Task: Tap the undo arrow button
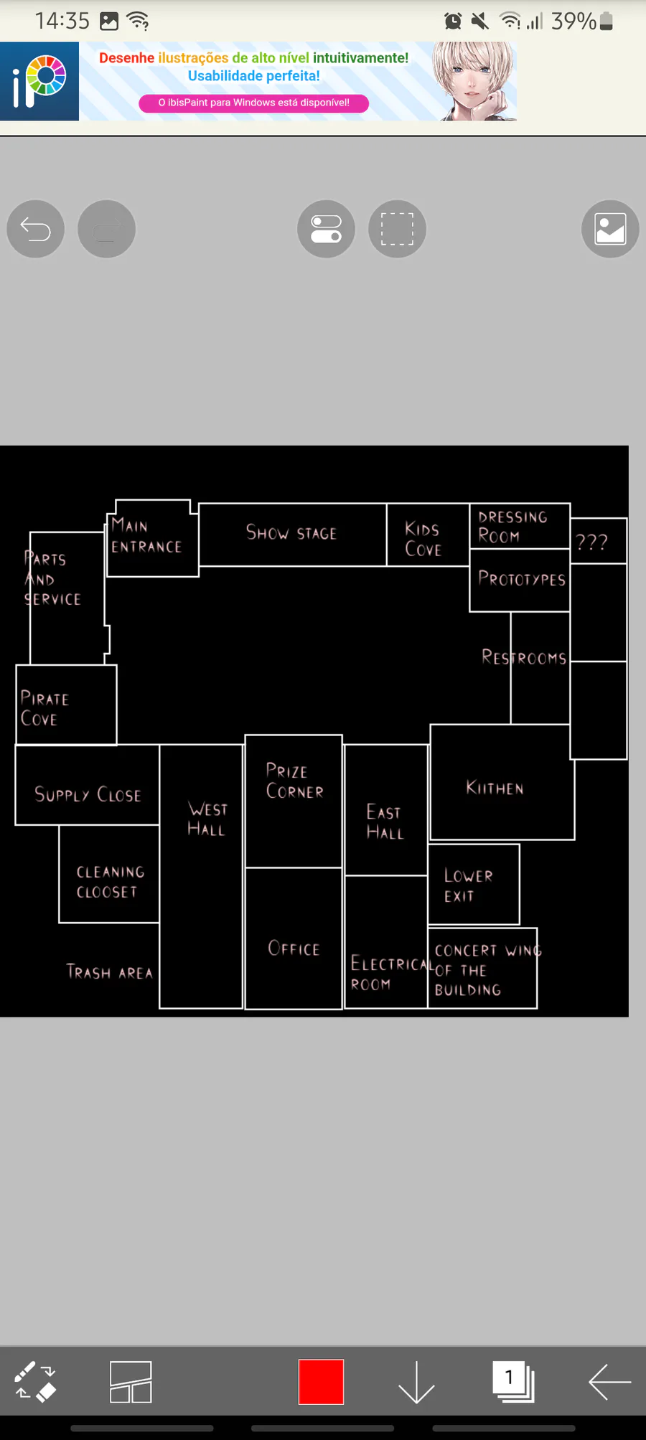coord(35,229)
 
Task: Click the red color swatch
coord(321,1381)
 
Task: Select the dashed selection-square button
coord(397,229)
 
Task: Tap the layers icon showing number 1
coord(512,1381)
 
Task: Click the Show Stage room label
coord(291,532)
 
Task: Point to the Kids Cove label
coord(423,539)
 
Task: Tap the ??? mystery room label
coord(591,542)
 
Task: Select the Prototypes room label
coord(522,579)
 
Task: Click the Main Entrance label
coord(146,537)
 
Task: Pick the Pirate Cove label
coord(45,709)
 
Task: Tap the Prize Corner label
coord(294,781)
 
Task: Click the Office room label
coord(294,949)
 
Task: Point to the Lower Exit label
coord(468,885)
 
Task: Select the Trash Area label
coord(110,972)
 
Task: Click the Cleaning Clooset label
coord(111,882)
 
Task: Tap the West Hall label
coord(207,819)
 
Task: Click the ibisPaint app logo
coord(39,81)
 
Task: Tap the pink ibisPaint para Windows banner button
coord(253,103)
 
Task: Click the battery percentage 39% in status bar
coord(574,22)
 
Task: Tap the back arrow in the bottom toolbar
coord(609,1381)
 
